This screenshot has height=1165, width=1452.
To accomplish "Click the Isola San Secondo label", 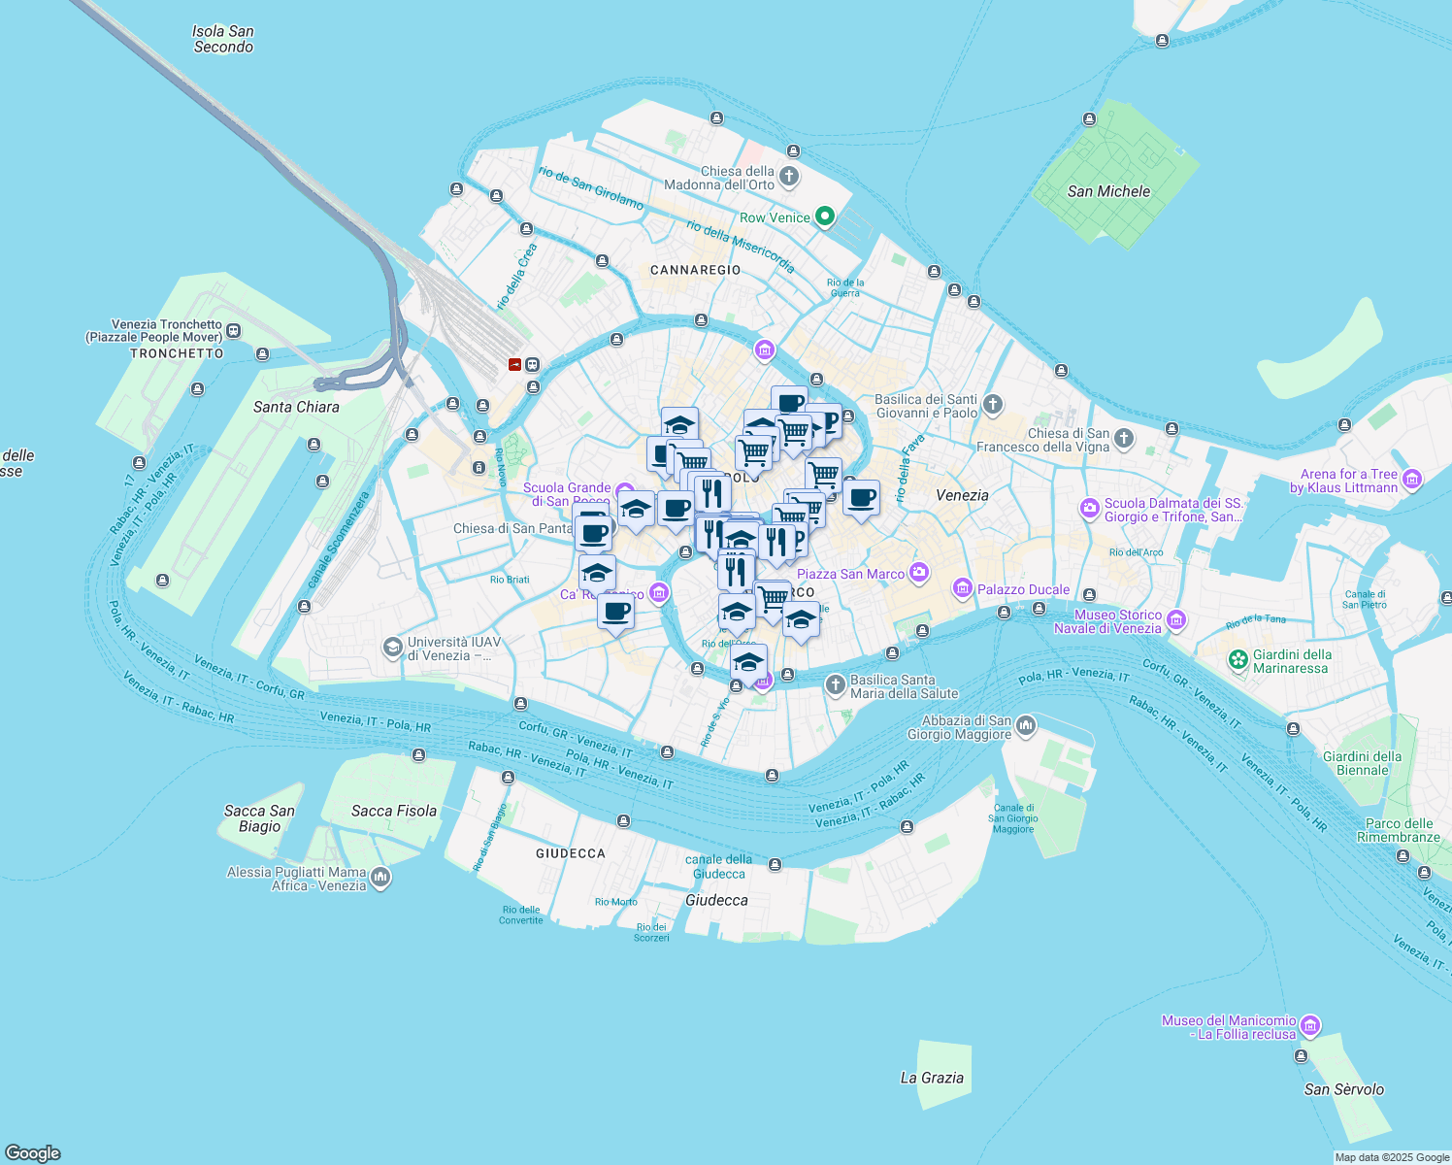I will [x=223, y=39].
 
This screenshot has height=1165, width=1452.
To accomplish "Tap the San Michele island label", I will [x=1108, y=191].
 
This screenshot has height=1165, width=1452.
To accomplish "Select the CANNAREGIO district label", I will [x=695, y=270].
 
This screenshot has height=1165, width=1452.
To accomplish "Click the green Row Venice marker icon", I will [x=825, y=216].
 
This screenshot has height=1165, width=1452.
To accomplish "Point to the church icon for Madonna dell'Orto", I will [x=789, y=177].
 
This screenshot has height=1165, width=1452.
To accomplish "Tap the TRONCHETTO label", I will [x=177, y=353].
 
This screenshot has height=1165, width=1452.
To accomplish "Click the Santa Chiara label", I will [x=296, y=407].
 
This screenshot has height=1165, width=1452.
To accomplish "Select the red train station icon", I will [x=514, y=365].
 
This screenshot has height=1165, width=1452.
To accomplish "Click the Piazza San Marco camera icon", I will [x=918, y=573].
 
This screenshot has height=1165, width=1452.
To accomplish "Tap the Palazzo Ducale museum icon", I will [x=962, y=588].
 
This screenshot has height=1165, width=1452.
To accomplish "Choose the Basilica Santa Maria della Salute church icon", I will [x=835, y=685].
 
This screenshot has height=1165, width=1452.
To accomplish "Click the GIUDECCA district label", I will [x=571, y=853].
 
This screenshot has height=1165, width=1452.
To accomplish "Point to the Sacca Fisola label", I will [x=394, y=811].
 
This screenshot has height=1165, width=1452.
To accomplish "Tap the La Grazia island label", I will [x=932, y=1078].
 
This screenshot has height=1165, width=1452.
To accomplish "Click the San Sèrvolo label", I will [x=1344, y=1089].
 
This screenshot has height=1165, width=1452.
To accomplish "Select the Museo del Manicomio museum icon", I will [x=1309, y=1026].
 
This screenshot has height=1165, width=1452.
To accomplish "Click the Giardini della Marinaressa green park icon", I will [x=1237, y=660].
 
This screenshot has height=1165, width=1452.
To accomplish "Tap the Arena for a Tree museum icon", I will [x=1412, y=480].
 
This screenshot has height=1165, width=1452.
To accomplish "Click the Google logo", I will [x=32, y=1153].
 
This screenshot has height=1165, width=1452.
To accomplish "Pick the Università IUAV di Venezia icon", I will [x=392, y=648].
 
